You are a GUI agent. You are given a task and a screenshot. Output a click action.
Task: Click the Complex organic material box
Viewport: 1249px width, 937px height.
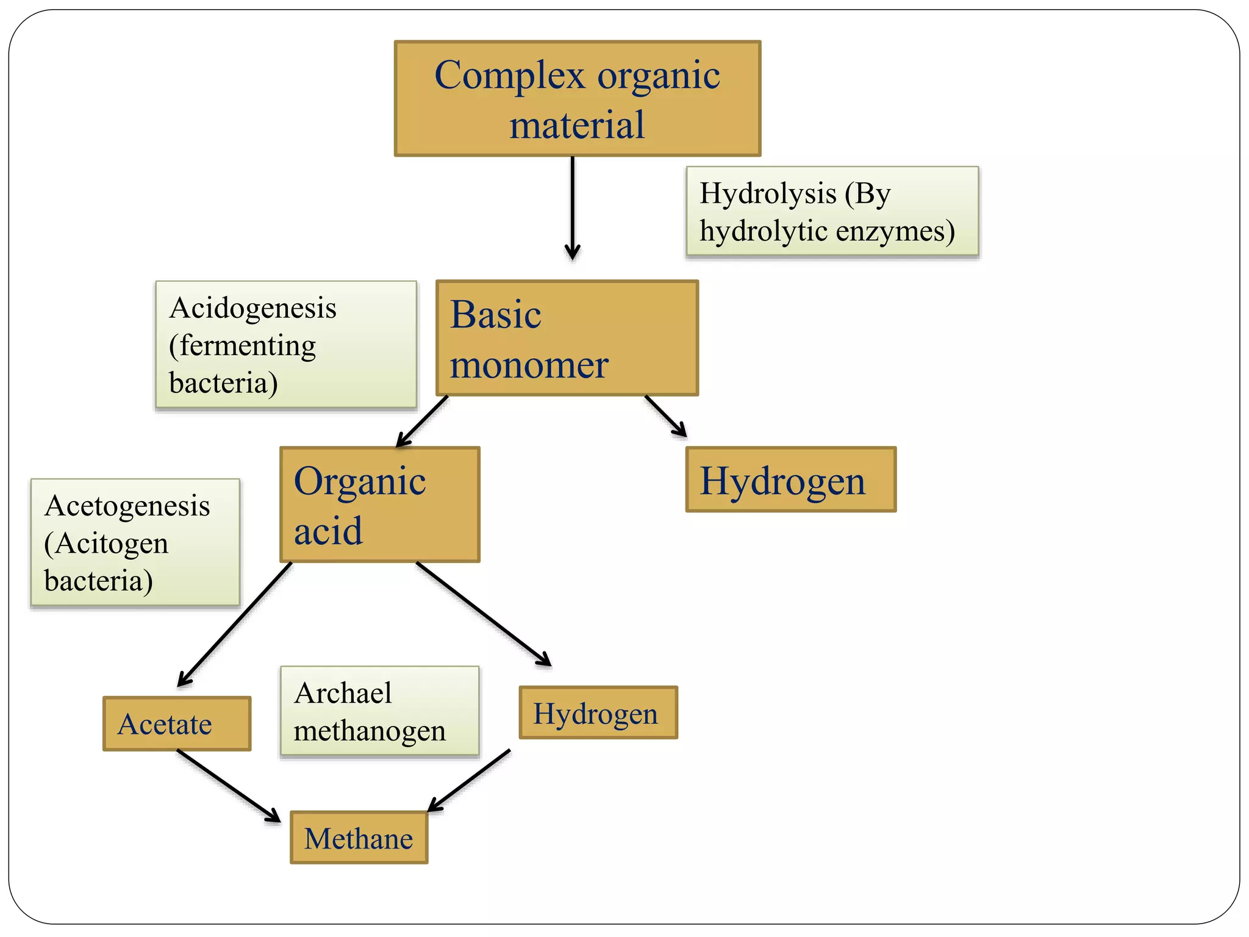[x=577, y=99]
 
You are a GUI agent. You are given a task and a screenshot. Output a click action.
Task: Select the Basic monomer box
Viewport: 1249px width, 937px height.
[x=567, y=338]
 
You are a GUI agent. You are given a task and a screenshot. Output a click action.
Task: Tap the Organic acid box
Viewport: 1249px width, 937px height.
[x=379, y=504]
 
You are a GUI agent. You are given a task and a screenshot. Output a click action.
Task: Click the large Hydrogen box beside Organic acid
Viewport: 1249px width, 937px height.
[x=790, y=479]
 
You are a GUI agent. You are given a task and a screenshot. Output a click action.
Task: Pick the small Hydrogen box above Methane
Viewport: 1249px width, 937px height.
[x=598, y=713]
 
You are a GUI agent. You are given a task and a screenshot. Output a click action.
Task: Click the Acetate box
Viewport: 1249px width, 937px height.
[x=177, y=723]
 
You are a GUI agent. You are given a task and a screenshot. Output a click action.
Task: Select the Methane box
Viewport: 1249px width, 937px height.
[x=359, y=838]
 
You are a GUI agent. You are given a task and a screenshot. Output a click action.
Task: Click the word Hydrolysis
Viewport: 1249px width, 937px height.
[x=767, y=194]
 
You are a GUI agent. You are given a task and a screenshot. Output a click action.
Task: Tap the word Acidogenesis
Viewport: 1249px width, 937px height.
[x=252, y=307]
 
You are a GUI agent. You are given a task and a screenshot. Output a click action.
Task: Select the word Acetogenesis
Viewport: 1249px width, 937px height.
[x=127, y=506]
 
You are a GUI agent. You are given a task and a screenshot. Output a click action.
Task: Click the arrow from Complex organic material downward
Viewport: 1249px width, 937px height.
[x=572, y=207]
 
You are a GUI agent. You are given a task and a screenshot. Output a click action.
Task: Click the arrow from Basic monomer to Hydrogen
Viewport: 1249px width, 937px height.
[x=666, y=417]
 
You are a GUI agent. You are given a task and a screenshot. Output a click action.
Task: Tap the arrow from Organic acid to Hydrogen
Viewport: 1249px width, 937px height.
[x=484, y=614]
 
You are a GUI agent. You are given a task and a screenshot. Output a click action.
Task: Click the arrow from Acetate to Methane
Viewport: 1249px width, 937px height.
[x=229, y=786]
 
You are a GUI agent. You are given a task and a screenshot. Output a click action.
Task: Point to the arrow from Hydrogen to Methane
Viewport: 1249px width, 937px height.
[x=469, y=781]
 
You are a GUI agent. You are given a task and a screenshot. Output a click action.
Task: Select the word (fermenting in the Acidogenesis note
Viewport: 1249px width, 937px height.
[x=242, y=346]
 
